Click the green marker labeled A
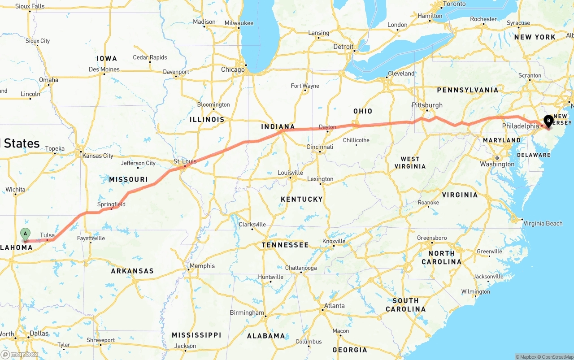26,234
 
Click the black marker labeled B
548,120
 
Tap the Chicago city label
233,69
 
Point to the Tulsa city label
47,235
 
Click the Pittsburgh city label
427,105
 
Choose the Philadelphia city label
520,126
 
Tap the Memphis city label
202,266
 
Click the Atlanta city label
334,306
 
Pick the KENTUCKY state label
301,199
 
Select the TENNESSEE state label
285,245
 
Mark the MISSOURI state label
128,179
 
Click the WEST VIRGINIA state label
410,162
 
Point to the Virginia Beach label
543,223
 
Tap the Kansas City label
98,156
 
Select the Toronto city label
454,4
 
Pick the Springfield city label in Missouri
111,204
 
